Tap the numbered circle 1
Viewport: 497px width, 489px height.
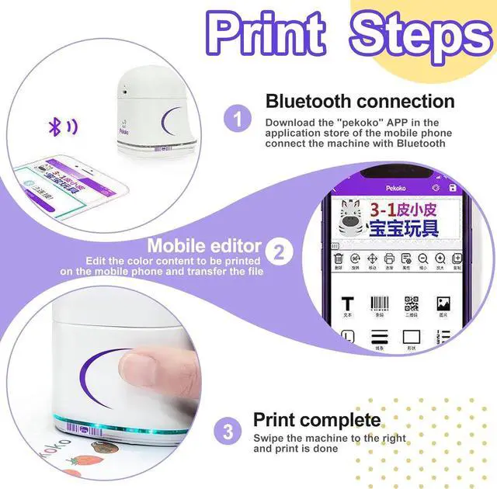(238, 120)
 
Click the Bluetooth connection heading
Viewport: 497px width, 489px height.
(360, 101)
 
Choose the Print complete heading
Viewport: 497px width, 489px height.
(317, 421)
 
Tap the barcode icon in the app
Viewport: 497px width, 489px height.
(380, 303)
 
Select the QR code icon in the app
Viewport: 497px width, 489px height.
(412, 303)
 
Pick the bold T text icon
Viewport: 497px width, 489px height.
(347, 303)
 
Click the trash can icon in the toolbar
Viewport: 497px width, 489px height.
(339, 259)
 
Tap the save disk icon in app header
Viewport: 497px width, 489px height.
(452, 189)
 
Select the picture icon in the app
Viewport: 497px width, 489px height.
(444, 303)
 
